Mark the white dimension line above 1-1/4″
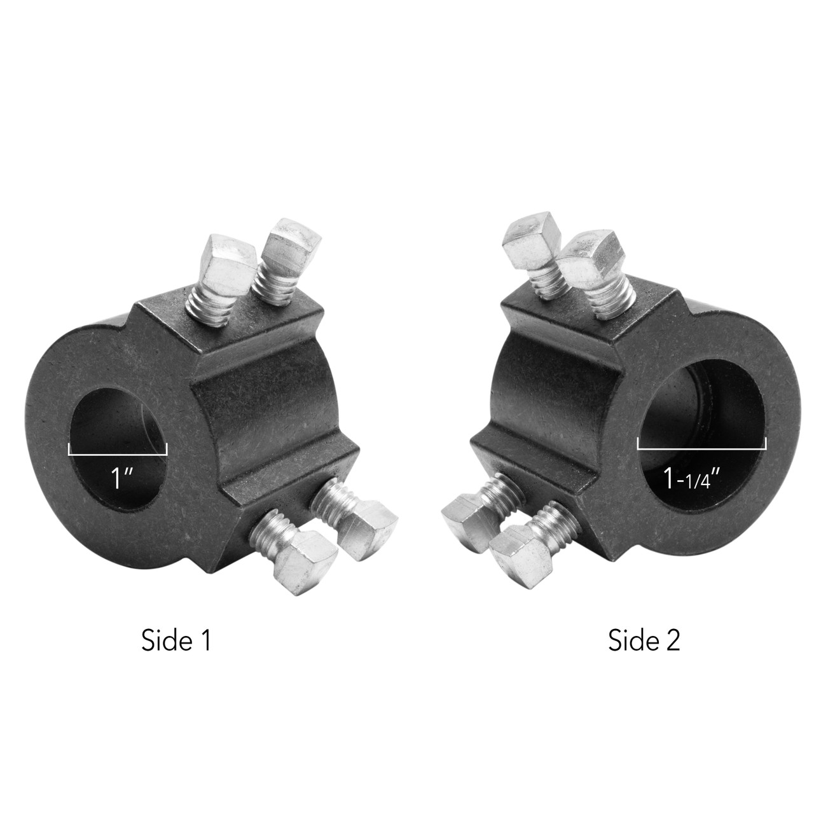tap(701, 448)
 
